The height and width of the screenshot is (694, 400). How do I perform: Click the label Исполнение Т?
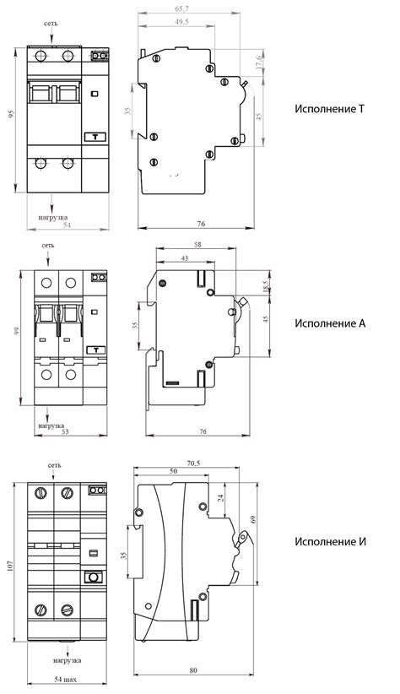coord(329,109)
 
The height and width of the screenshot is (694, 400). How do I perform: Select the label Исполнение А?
coord(330,323)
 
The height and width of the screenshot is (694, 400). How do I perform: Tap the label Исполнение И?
coord(331,542)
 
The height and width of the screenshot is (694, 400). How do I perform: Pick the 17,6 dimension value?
coord(260,62)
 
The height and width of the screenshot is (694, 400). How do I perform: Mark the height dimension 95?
coord(12,114)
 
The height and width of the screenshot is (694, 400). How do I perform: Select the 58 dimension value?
coord(197,244)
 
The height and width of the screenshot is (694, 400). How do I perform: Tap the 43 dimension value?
coord(185,258)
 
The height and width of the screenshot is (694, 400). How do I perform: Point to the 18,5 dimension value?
coord(266,286)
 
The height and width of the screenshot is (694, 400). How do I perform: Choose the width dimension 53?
coord(65,432)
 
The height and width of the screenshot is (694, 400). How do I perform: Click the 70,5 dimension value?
coord(193,464)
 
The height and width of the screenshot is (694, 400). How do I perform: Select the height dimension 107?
coord(11,565)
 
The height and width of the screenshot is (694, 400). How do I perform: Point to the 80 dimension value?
coord(193,670)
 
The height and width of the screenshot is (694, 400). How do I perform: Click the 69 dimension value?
coord(253,519)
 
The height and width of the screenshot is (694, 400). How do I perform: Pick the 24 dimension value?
coord(221,497)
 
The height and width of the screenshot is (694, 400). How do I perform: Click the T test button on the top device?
coord(95,138)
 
